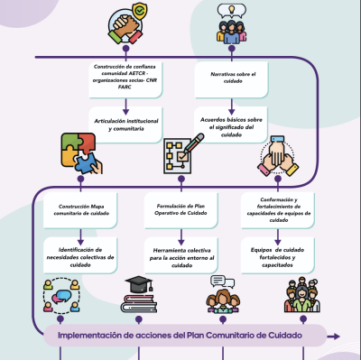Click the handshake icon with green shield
point(127,23)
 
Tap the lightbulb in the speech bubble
point(231,9)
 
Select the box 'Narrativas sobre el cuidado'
point(231,79)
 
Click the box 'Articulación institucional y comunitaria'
point(125,125)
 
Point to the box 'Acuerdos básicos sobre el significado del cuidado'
point(231,125)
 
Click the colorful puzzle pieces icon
point(81,153)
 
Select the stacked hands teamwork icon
point(278,156)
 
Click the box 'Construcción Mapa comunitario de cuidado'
point(80,210)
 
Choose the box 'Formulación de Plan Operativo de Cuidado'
point(180,210)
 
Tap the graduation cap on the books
point(139,284)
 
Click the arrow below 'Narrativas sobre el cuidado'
point(231,106)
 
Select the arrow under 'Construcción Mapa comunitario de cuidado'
point(80,237)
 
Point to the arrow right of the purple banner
point(333,337)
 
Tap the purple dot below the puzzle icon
point(80,180)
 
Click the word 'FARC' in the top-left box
point(125,88)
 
